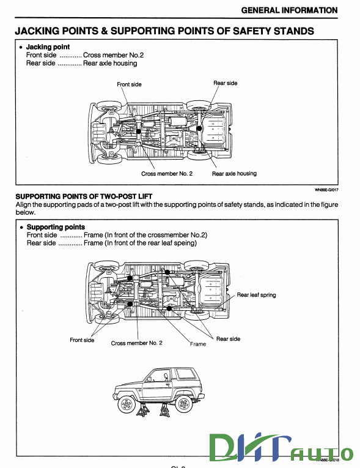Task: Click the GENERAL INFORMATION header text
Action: (x=289, y=10)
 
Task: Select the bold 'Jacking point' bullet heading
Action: (x=48, y=47)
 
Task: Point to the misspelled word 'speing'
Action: (x=185, y=243)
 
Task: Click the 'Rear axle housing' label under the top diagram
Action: (x=234, y=174)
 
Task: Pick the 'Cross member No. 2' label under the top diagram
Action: (x=167, y=174)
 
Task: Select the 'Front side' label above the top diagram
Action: (x=129, y=84)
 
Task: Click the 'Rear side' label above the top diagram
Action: (x=225, y=83)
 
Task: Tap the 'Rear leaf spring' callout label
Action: (x=256, y=295)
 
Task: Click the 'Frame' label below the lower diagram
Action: (x=198, y=344)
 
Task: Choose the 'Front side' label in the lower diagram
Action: (x=82, y=340)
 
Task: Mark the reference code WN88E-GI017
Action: (x=326, y=190)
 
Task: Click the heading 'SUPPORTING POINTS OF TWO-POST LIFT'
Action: (x=81, y=196)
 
